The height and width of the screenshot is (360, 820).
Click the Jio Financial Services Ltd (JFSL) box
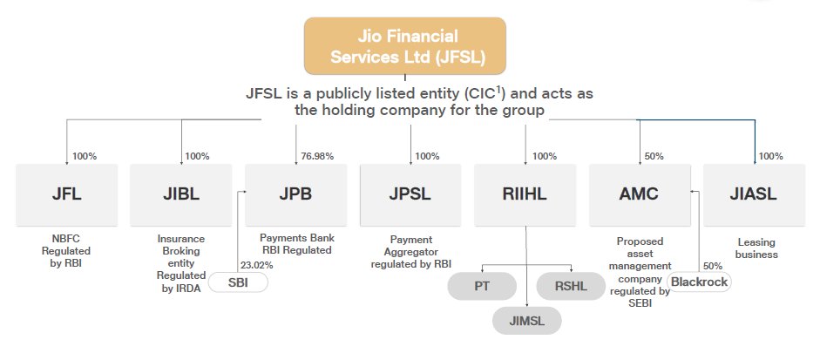coord(404,46)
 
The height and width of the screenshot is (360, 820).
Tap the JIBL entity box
coord(181,194)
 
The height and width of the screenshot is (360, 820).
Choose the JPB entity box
coord(296,194)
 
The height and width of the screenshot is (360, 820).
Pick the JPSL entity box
coord(410,194)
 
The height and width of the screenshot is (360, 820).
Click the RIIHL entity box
coord(525,194)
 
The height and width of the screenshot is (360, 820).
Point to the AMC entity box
coord(640,194)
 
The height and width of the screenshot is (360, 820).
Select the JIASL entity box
coord(754,194)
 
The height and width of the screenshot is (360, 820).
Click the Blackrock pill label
coord(699,282)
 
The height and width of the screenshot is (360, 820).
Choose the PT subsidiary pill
coord(480,286)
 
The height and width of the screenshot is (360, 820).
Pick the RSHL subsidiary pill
coord(570,286)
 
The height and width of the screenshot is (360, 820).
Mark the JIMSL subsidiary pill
coord(525,321)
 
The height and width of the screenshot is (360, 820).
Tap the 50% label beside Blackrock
coord(712,264)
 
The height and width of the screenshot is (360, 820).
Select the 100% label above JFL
coord(85,156)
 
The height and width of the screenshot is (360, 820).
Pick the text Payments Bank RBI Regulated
coord(297,244)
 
